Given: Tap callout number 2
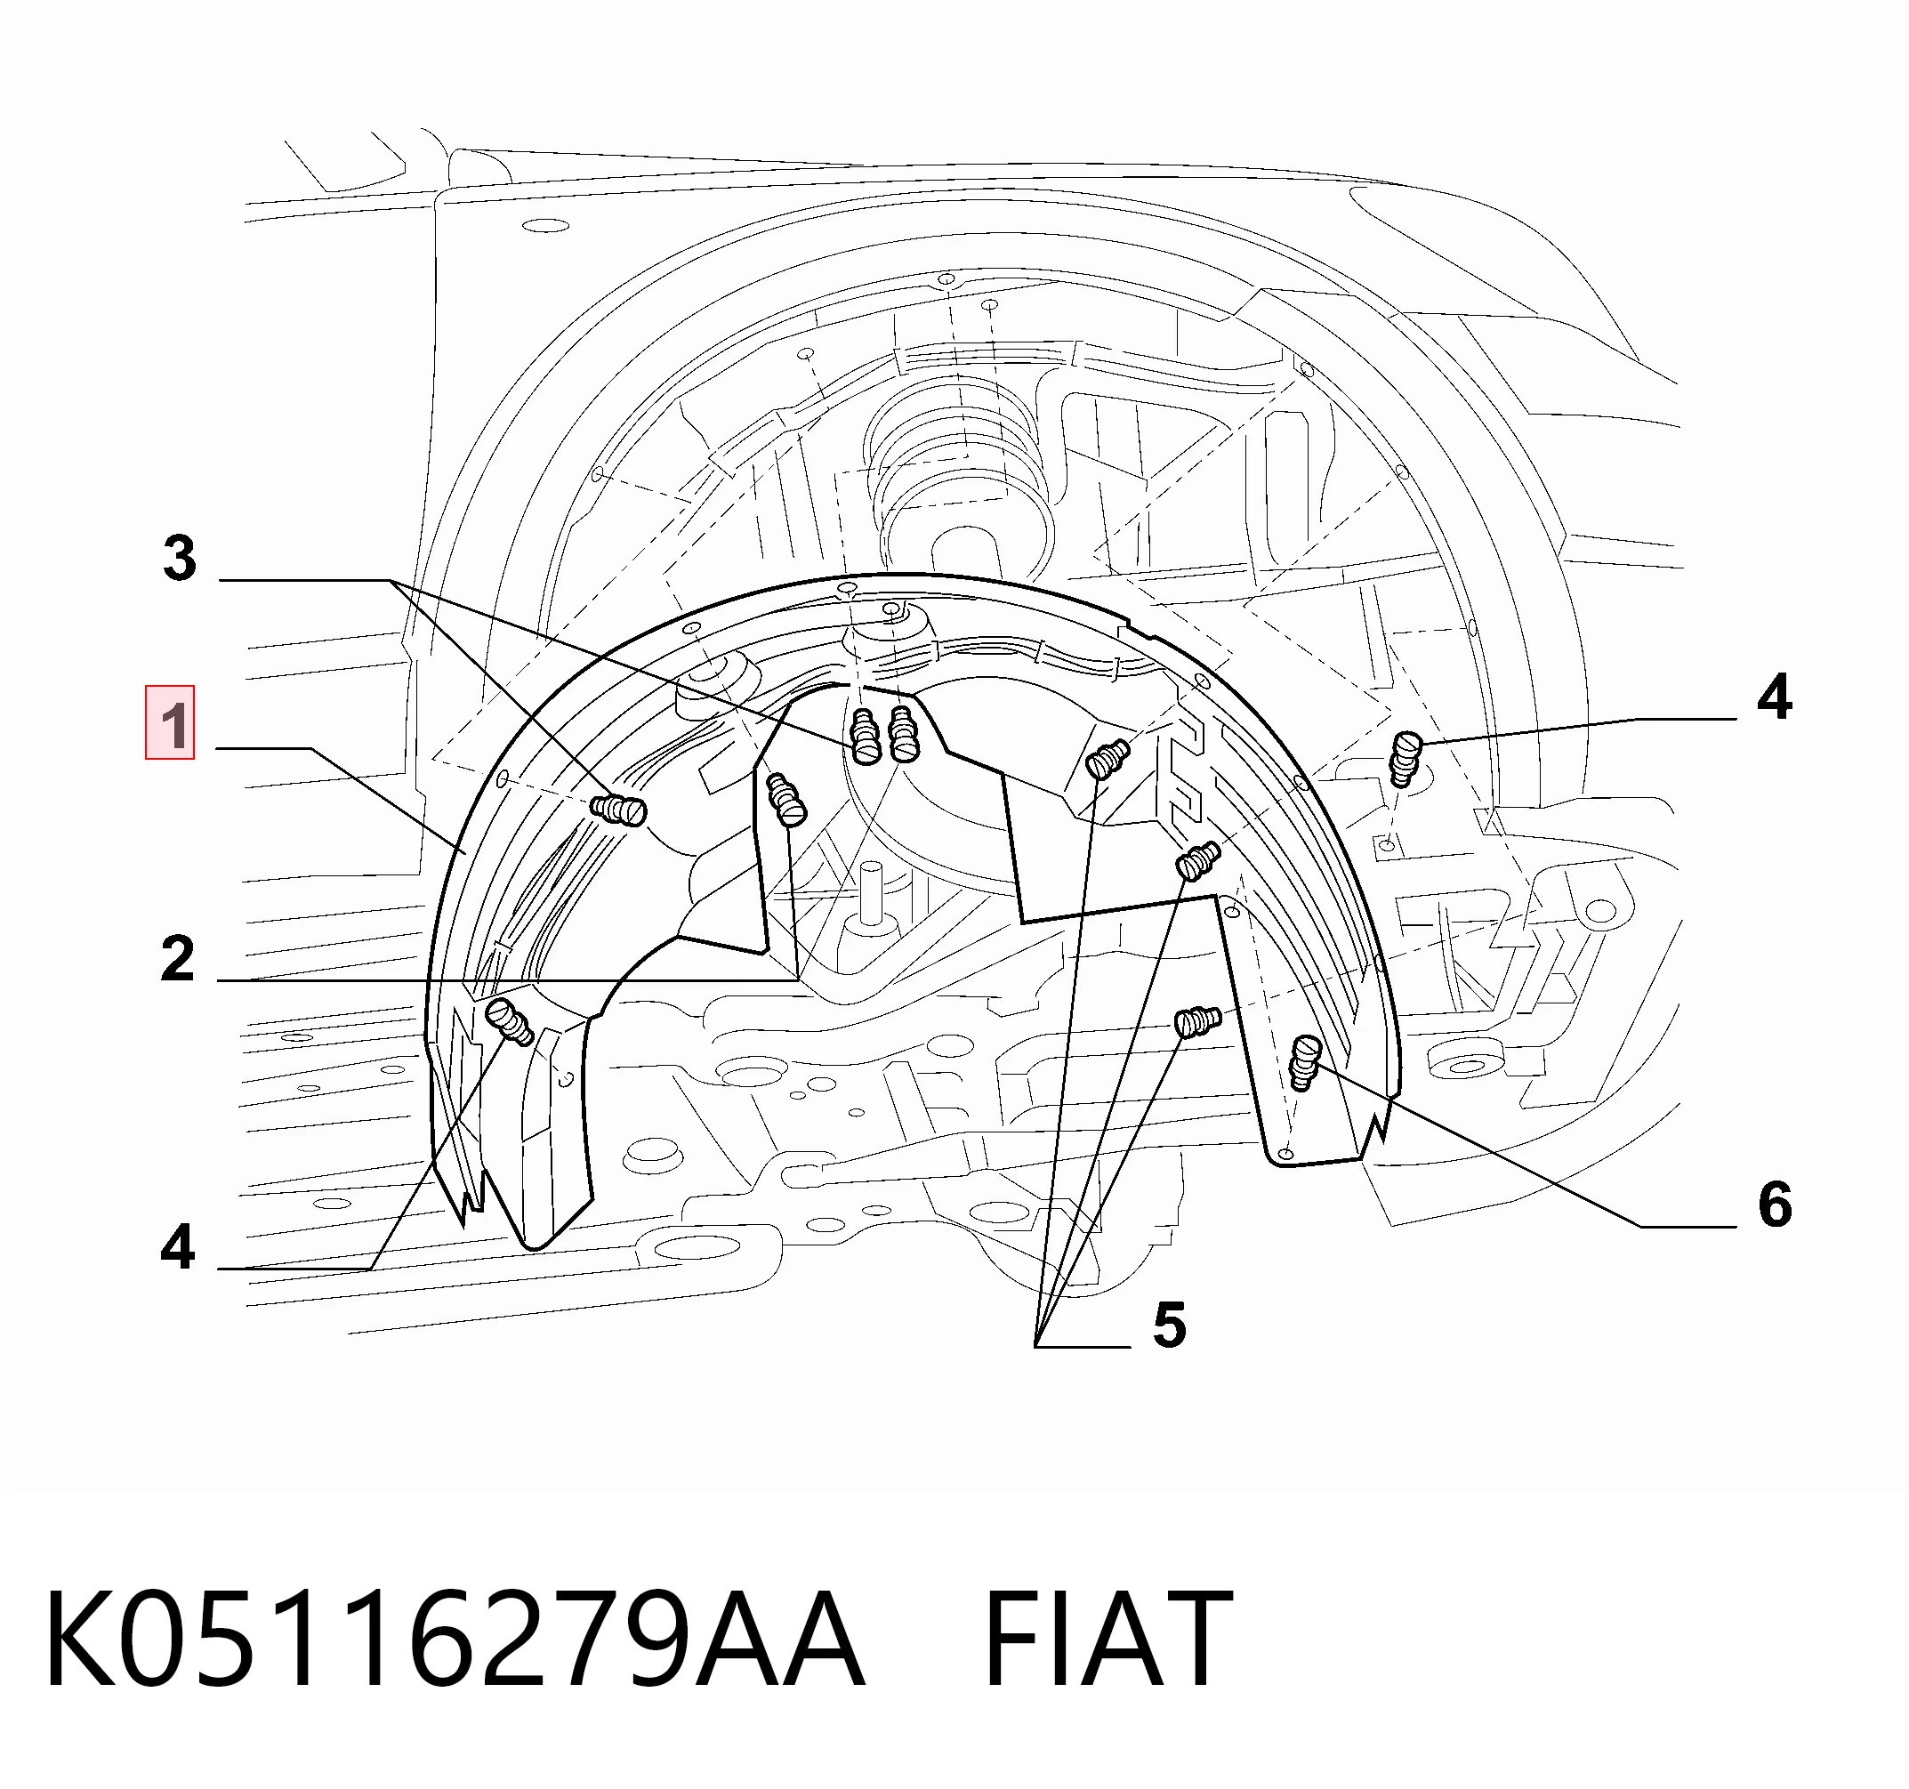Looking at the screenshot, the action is [x=178, y=958].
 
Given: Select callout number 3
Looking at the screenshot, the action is [x=180, y=558].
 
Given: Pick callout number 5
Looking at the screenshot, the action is [x=1169, y=1326].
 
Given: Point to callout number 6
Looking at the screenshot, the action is [x=1775, y=1205].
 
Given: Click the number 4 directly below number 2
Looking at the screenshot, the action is [x=178, y=1246].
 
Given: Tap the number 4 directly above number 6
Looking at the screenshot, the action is [x=1774, y=697].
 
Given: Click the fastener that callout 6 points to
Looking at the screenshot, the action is [x=1305, y=1062].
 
